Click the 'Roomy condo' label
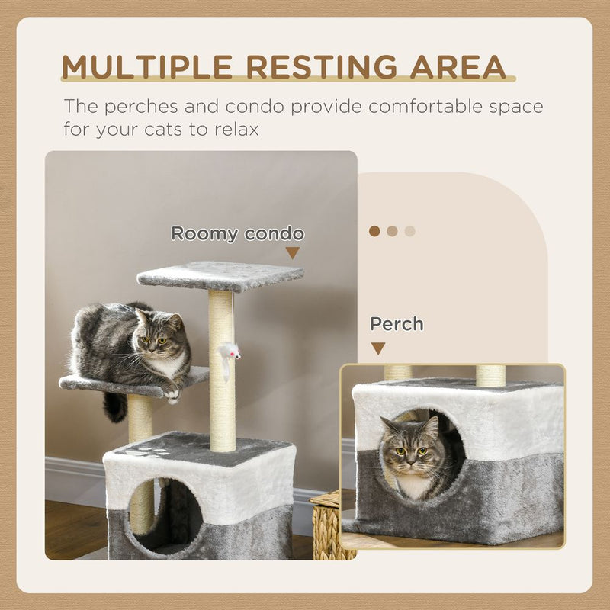[237, 233]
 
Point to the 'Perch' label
[396, 324]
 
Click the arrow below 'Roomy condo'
[293, 253]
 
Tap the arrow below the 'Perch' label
[378, 348]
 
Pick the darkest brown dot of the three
[374, 231]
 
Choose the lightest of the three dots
[410, 231]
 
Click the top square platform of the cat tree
[220, 275]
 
